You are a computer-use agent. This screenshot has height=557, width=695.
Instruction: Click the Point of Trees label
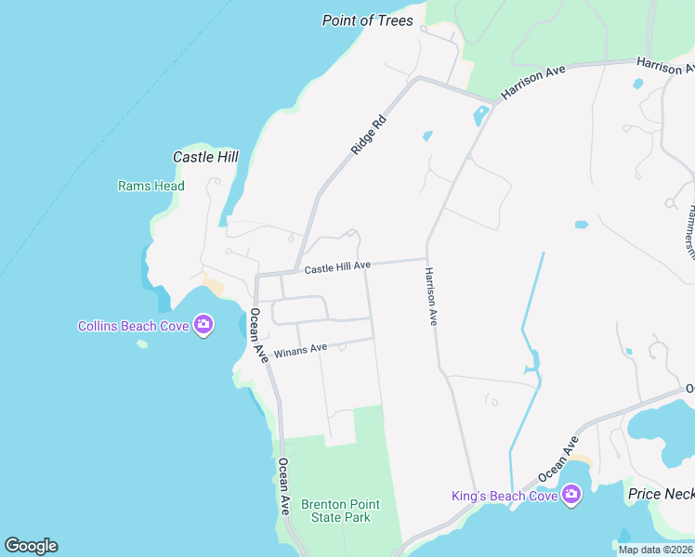coord(367,20)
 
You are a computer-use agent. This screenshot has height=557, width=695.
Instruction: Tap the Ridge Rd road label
coord(368,135)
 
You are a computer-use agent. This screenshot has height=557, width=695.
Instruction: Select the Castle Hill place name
coord(205,157)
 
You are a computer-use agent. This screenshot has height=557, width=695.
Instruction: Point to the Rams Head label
coord(151,186)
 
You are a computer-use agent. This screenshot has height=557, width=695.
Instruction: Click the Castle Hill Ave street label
coord(337,267)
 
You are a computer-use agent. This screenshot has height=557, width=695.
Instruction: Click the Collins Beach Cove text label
coord(133,325)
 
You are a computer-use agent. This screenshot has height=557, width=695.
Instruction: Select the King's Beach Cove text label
coord(504,496)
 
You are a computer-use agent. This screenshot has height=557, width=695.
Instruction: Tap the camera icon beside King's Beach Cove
coord(570,496)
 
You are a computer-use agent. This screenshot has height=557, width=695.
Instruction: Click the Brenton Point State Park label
coord(340,511)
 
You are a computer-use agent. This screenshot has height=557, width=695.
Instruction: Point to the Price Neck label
coord(661,494)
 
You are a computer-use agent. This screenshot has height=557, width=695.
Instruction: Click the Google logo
coord(31,546)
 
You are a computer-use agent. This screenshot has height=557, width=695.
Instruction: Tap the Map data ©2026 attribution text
coord(655,550)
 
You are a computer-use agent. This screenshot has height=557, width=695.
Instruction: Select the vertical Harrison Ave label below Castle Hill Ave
coord(431,296)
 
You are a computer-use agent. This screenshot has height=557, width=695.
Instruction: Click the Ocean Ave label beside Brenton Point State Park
coord(284,486)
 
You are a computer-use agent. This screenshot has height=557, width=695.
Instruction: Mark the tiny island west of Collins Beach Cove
coord(142,344)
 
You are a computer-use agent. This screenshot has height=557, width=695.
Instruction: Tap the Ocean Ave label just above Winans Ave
coord(256,334)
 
